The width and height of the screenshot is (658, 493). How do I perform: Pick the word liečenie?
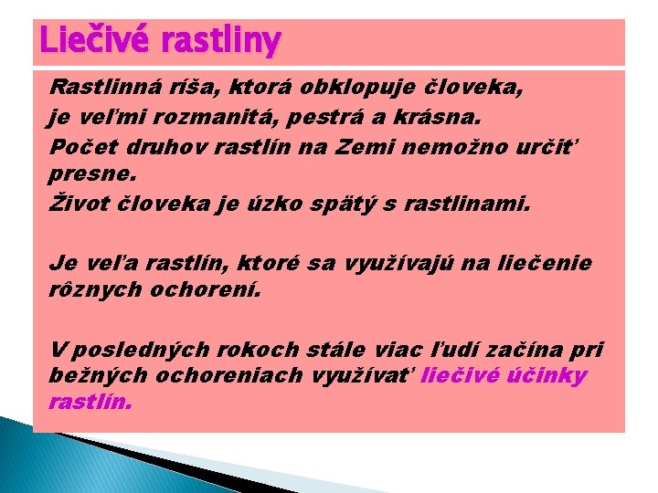pyautogui.click(x=547, y=264)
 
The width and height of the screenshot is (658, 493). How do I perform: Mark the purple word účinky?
pyautogui.click(x=555, y=377)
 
